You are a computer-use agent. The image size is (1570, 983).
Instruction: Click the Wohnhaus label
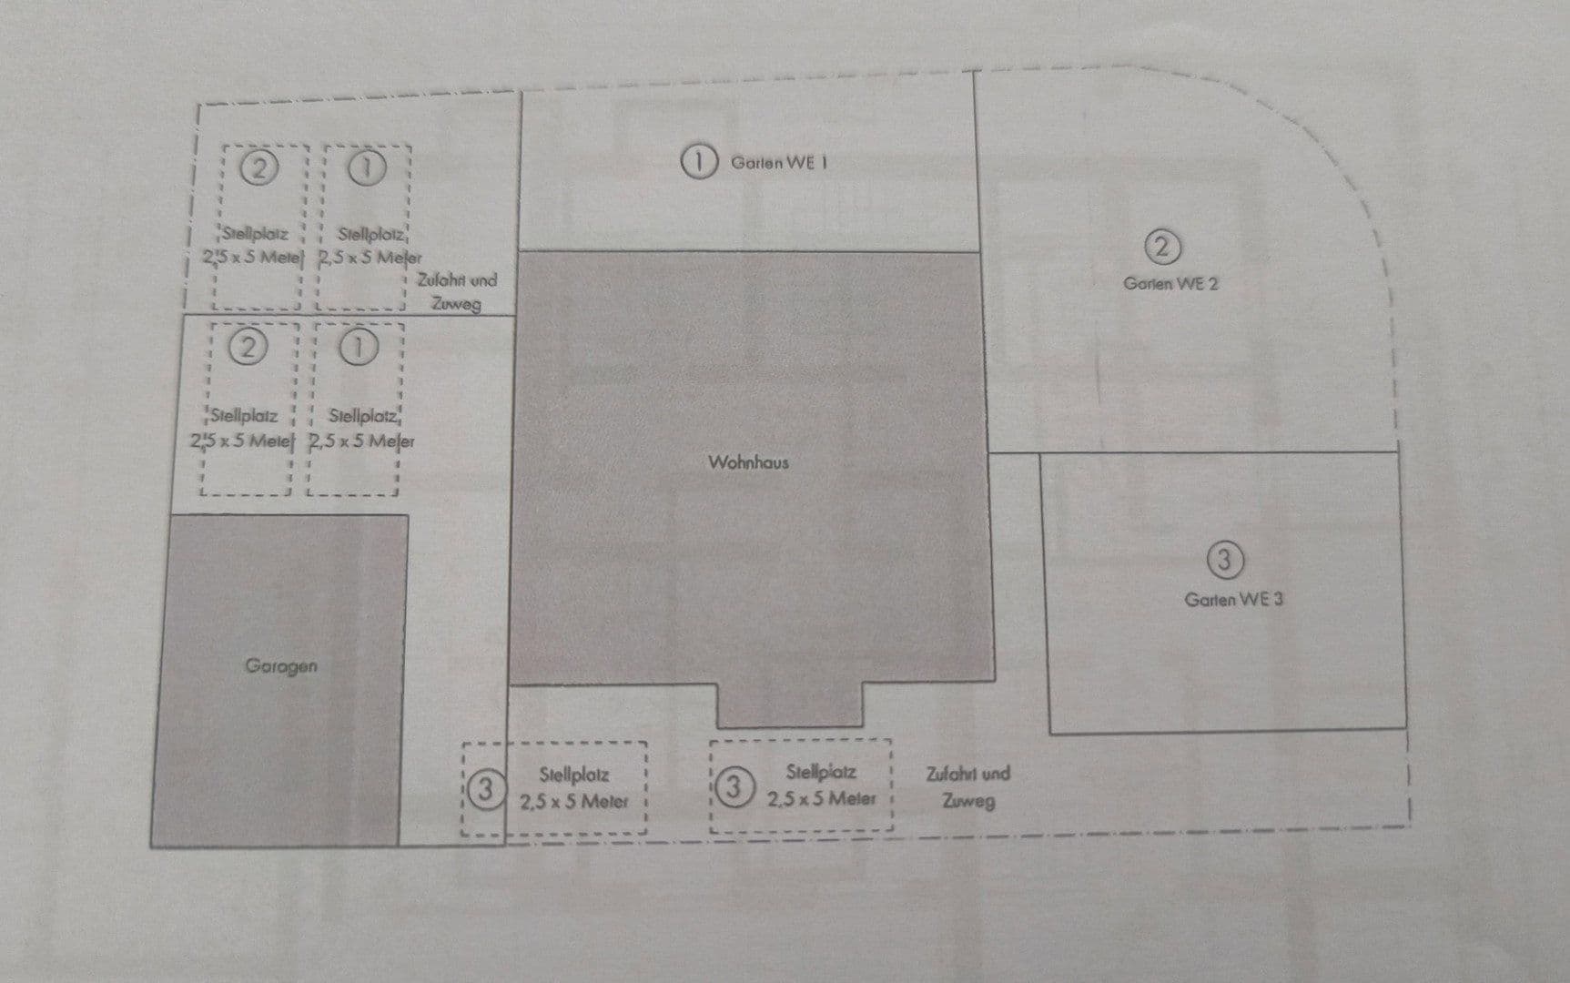pyautogui.click(x=748, y=462)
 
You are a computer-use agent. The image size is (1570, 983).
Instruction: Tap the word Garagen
pyautogui.click(x=281, y=666)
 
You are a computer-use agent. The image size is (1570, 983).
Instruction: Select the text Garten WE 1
pyautogui.click(x=779, y=163)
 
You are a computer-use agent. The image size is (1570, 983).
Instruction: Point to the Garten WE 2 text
pyautogui.click(x=1170, y=283)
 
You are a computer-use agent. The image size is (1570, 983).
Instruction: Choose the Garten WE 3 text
pyautogui.click(x=1233, y=599)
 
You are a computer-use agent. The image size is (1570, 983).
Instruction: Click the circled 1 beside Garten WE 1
pyautogui.click(x=698, y=162)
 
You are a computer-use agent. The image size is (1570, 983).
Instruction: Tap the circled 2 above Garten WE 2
pyautogui.click(x=1161, y=247)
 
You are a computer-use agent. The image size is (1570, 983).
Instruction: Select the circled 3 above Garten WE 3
pyautogui.click(x=1224, y=560)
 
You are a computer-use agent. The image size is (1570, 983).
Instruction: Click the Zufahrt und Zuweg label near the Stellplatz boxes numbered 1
pyautogui.click(x=457, y=291)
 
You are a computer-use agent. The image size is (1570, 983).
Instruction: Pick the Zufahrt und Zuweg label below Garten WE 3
pyautogui.click(x=967, y=787)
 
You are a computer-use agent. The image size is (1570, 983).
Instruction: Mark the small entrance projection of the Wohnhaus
pyautogui.click(x=789, y=705)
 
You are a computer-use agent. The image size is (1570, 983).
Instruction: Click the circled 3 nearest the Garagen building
pyautogui.click(x=486, y=789)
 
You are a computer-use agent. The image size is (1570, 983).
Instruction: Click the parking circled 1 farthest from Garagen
pyautogui.click(x=367, y=168)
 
